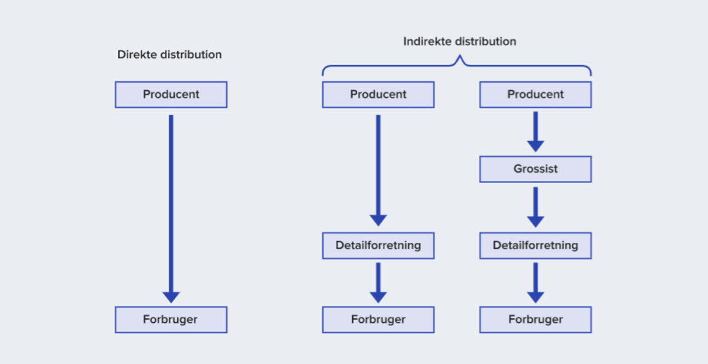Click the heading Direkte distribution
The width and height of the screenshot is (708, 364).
tap(170, 55)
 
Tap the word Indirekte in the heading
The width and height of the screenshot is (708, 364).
tap(427, 41)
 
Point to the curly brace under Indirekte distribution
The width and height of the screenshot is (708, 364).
tap(457, 66)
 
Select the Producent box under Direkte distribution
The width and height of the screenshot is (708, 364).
tap(171, 95)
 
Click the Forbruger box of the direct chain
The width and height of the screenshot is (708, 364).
tap(171, 320)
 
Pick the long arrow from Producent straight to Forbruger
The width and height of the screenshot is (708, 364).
tap(171, 209)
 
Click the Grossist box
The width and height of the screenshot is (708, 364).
tap(536, 169)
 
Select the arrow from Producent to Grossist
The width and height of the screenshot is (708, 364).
tap(536, 131)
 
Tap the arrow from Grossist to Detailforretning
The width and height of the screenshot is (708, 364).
tap(536, 207)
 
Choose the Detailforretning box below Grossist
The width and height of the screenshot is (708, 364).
tap(536, 246)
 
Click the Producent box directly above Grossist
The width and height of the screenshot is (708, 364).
tap(536, 95)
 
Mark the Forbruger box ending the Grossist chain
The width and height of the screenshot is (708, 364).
tap(536, 320)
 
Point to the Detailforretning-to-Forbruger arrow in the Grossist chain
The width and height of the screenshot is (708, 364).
tap(536, 283)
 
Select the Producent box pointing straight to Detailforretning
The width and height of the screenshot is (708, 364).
tap(379, 95)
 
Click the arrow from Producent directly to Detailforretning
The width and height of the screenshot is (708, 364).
tap(379, 171)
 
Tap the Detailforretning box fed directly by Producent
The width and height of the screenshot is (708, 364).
tap(379, 246)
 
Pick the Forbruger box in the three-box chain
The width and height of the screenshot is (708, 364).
tap(379, 320)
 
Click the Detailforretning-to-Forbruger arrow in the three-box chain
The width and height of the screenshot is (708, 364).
tap(379, 283)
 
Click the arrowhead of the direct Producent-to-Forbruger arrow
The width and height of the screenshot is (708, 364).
tap(171, 297)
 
